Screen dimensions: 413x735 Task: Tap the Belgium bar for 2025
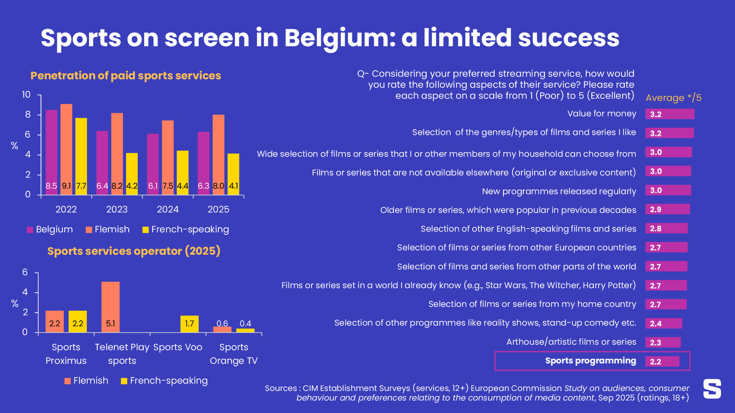tap(204, 163)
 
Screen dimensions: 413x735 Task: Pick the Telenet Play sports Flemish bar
tap(110, 307)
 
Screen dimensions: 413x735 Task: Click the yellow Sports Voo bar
tap(189, 324)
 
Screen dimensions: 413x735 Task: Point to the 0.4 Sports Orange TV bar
tap(245, 330)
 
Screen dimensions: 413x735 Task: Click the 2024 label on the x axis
tap(168, 209)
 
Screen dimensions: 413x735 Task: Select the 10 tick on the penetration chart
tap(26, 95)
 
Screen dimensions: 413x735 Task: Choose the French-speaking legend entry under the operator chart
tap(164, 380)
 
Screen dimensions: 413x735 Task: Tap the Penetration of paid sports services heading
tap(125, 76)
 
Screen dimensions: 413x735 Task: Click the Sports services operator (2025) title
tap(134, 251)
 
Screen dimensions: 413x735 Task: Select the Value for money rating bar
tap(669, 114)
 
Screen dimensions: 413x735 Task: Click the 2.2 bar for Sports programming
tap(662, 361)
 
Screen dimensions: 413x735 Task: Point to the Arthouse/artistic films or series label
tap(571, 342)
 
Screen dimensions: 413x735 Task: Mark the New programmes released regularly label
tap(559, 191)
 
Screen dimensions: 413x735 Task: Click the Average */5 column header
tap(673, 98)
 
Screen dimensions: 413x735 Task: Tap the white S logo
tap(712, 389)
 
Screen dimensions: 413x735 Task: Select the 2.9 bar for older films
tap(667, 209)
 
